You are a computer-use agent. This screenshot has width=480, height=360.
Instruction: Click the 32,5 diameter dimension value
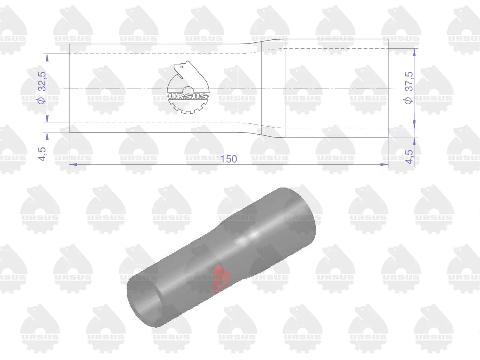(x=42, y=81)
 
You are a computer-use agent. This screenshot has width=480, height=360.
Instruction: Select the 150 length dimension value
(x=229, y=159)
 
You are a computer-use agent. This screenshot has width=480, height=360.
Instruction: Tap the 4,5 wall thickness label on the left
(x=42, y=154)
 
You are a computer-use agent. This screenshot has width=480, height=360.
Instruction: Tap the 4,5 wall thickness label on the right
(x=409, y=156)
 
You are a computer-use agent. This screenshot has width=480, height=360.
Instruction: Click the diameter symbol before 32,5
(x=42, y=100)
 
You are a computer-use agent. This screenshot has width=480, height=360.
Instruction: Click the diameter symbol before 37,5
(x=408, y=100)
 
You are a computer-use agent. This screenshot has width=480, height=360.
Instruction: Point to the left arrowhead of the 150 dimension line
(x=73, y=164)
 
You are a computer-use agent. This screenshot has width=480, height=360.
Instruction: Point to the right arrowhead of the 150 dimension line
(x=384, y=164)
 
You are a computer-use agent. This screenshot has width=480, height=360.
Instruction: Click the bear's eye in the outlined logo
(x=182, y=67)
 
